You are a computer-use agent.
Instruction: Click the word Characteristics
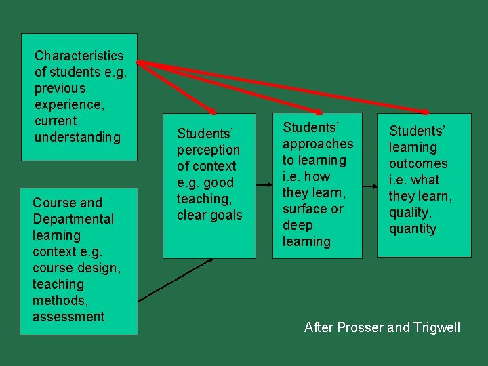tap(79, 56)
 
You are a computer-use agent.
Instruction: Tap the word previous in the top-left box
tap(60, 88)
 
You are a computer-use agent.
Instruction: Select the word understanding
tap(77, 137)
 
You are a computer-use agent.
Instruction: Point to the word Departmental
tap(73, 219)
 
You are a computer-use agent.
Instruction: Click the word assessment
tap(68, 317)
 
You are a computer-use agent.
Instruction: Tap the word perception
tap(208, 150)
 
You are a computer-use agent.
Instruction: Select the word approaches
tap(318, 144)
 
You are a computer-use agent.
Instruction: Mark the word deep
tap(298, 225)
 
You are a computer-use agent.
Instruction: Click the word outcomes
tap(418, 163)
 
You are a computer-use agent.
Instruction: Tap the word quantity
tap(413, 228)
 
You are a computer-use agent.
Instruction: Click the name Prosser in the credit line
tap(359, 327)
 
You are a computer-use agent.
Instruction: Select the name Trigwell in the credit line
tap(435, 327)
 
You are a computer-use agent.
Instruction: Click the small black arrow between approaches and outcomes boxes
tap(369, 185)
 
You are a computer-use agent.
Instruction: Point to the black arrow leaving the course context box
tap(176, 279)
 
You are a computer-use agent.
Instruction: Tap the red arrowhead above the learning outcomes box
tap(424, 110)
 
